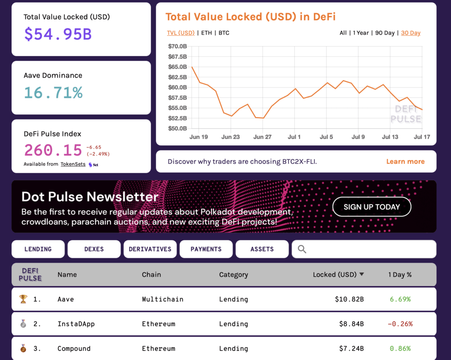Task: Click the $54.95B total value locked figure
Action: pyautogui.click(x=58, y=34)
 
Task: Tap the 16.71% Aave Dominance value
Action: pyautogui.click(x=53, y=93)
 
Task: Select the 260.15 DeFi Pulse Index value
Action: pyautogui.click(x=53, y=150)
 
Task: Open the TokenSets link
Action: pyautogui.click(x=73, y=164)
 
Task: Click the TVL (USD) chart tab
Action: pyautogui.click(x=181, y=33)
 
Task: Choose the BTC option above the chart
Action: pyautogui.click(x=224, y=33)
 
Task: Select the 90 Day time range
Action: pyautogui.click(x=385, y=33)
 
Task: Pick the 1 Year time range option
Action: pyautogui.click(x=360, y=33)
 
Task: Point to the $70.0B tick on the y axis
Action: pyautogui.click(x=177, y=46)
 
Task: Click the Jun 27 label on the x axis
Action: pyautogui.click(x=262, y=137)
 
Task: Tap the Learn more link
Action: pyautogui.click(x=405, y=162)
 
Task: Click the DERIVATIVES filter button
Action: pyautogui.click(x=150, y=249)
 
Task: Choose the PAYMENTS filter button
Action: pyautogui.click(x=206, y=249)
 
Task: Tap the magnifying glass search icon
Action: pyautogui.click(x=302, y=249)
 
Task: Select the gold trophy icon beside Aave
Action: pyautogui.click(x=23, y=299)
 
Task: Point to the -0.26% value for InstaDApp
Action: pyautogui.click(x=400, y=324)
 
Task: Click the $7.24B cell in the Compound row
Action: pyautogui.click(x=351, y=349)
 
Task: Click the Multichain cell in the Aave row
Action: pyautogui.click(x=163, y=299)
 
